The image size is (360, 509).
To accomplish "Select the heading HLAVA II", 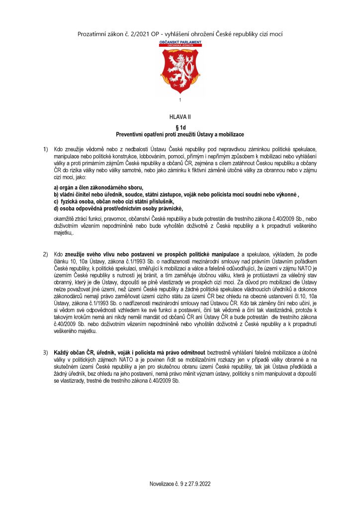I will pyautogui.click(x=180, y=118).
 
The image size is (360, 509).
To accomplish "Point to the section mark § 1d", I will pyautogui.click(x=180, y=128).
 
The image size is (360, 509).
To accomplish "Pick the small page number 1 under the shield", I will pyautogui.click(x=180, y=101).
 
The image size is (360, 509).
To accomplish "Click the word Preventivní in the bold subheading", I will pyautogui.click(x=131, y=134).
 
